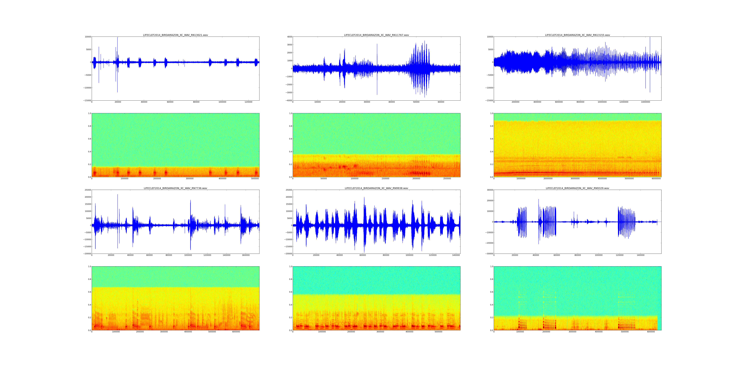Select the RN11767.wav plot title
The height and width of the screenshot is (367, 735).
pyautogui.click(x=376, y=35)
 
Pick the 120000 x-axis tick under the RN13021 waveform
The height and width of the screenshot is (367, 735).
pyautogui.click(x=249, y=102)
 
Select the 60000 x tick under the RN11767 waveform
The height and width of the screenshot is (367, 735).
pyautogui.click(x=441, y=102)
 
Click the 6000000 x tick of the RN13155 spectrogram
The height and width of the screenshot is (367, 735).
pyautogui.click(x=656, y=179)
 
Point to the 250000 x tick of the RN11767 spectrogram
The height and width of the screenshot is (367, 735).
pyautogui.click(x=447, y=179)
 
